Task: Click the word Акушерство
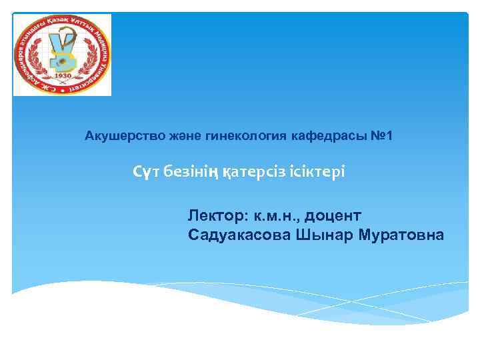(119, 136)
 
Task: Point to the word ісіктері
(318, 172)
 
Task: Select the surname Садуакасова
(239, 235)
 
